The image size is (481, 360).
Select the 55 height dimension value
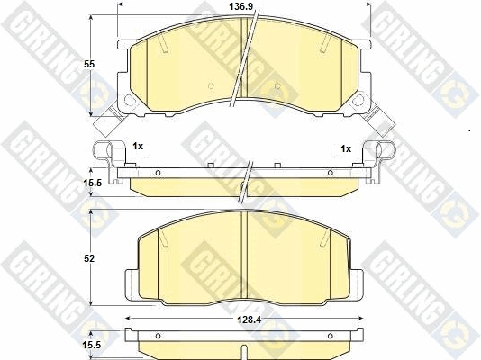89,64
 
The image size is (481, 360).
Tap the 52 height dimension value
89,259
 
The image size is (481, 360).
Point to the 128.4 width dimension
250,319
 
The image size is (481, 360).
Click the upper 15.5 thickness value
92,183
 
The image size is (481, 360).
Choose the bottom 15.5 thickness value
92,345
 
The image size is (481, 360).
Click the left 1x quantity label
138,147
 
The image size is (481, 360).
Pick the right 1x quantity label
346,148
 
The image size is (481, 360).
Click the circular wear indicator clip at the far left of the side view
104,150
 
